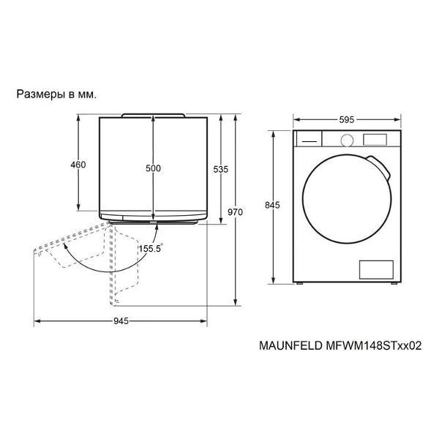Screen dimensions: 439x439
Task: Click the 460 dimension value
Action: pos(78,165)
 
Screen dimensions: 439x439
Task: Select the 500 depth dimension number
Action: pos(153,168)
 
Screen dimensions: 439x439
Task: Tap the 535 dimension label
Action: pos(221,169)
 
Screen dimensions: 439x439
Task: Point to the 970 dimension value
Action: pos(235,212)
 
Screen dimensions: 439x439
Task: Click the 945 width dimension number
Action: pos(121,321)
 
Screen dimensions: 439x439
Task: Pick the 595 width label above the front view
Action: pos(347,120)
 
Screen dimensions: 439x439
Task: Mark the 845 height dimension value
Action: pos(272,205)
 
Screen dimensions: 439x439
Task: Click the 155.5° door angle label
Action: pos(151,248)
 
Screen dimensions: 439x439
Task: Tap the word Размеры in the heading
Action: pos(41,94)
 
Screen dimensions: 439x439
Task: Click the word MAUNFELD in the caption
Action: pos(290,345)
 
